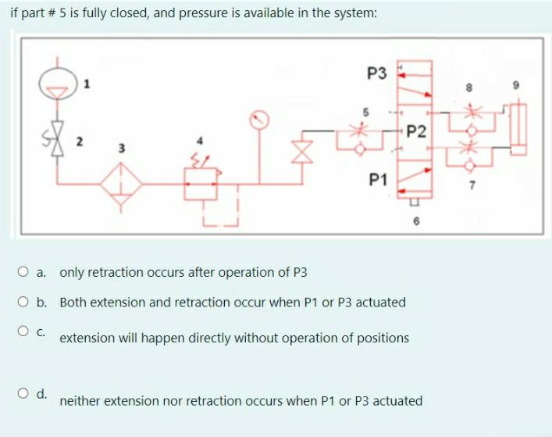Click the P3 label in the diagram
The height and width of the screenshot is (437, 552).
376,73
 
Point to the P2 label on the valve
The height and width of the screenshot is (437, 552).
417,131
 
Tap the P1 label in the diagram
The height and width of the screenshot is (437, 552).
379,181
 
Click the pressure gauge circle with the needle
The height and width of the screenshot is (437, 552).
260,120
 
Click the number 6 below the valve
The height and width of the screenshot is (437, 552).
417,222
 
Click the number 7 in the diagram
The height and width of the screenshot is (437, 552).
470,186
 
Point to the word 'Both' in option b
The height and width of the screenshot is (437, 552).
73,302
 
